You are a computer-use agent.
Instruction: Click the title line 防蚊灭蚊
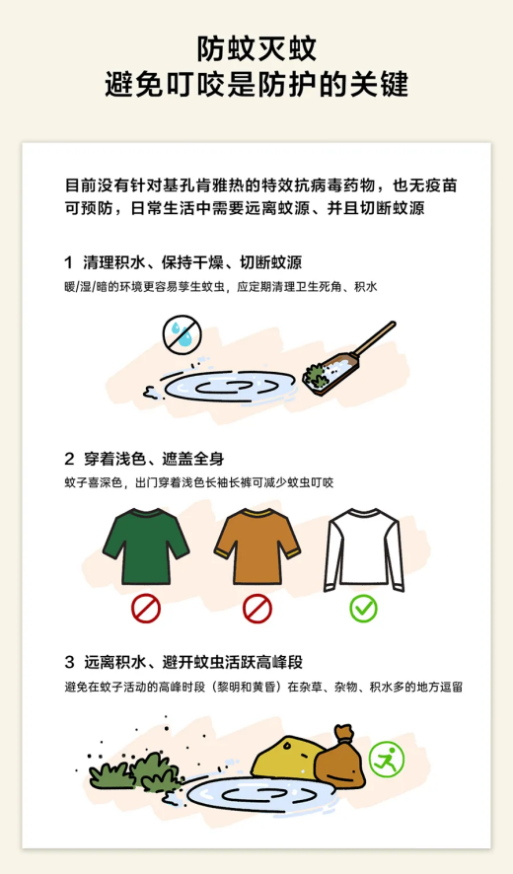click(256, 47)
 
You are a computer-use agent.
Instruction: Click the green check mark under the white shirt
click(364, 608)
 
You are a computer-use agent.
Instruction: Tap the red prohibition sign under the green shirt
click(146, 608)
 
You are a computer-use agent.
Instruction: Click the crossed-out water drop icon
click(182, 334)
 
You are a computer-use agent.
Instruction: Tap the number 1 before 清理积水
click(68, 262)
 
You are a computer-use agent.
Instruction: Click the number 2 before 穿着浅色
click(69, 459)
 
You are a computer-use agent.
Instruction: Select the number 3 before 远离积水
click(69, 662)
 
